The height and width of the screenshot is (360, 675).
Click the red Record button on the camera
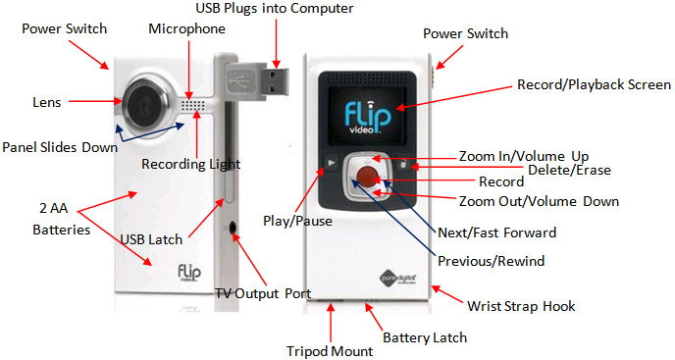[x=367, y=177]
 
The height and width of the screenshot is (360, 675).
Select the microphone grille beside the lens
[x=192, y=105]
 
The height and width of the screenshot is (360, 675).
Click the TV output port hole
[x=233, y=227]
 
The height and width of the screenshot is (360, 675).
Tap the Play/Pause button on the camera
[x=332, y=163]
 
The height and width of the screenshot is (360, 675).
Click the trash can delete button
[x=403, y=164]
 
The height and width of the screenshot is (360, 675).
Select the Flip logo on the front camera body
[x=189, y=273]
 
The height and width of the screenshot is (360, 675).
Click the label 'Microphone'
[x=186, y=28]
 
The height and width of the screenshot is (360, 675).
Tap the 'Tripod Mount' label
[x=330, y=351]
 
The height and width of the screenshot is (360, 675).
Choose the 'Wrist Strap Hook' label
[x=521, y=306]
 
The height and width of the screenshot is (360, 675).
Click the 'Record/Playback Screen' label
[x=595, y=84]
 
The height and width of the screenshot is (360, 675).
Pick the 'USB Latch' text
[x=151, y=239]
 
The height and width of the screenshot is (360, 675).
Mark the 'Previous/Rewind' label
[x=492, y=261]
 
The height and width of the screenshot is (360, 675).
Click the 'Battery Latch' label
[x=425, y=337]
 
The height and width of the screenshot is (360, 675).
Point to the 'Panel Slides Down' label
[x=60, y=147]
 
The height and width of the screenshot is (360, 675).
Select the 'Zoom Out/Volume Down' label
[x=539, y=201]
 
